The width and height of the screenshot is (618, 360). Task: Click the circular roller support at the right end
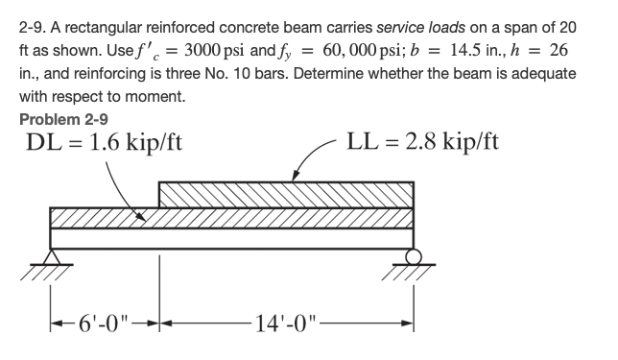pos(414,254)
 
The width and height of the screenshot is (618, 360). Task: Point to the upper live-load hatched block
pos(285,192)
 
